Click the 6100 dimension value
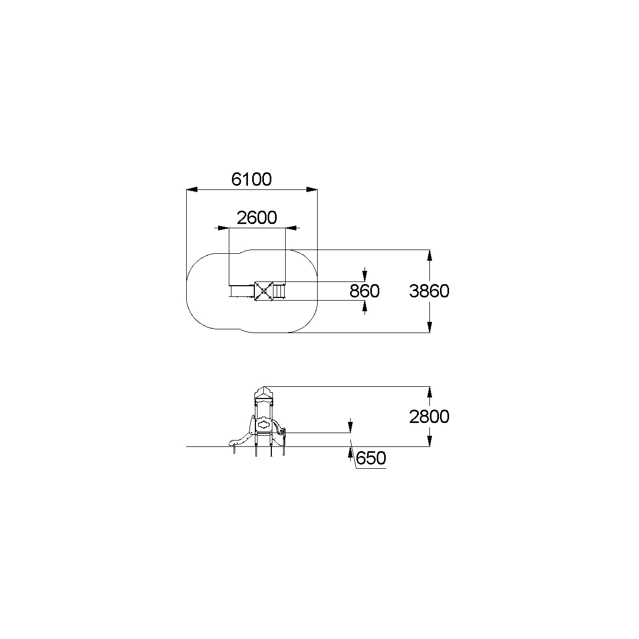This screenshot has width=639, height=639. (x=251, y=179)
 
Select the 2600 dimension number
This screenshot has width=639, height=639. (x=257, y=218)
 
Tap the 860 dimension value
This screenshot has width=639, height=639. (x=364, y=291)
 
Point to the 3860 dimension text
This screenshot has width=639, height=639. (x=429, y=291)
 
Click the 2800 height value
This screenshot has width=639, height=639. (x=429, y=417)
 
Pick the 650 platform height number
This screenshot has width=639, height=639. (x=371, y=458)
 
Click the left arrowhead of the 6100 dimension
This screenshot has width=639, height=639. (x=192, y=189)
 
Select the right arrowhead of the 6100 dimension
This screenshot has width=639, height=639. (x=312, y=189)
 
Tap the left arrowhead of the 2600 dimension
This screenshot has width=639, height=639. (x=223, y=228)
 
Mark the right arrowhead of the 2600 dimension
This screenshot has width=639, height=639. (x=291, y=228)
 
